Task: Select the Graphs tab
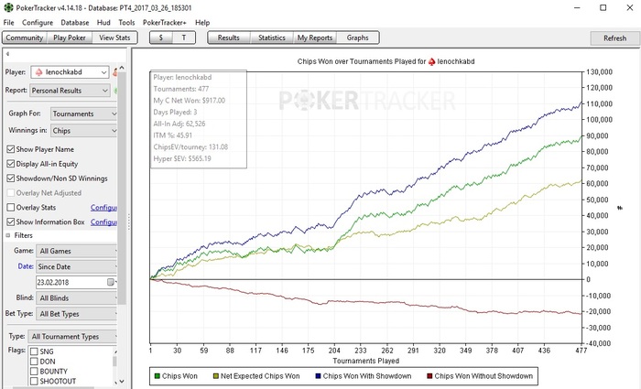[x=357, y=38]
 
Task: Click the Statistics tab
[x=271, y=38]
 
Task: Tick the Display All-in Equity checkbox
[x=11, y=164]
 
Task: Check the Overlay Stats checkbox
[x=11, y=207]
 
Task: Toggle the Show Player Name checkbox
[x=11, y=149]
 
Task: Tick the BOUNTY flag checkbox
[x=35, y=372]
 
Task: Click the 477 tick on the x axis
[x=579, y=349]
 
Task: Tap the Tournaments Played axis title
[x=365, y=360]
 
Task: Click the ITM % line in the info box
[x=179, y=135]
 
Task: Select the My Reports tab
[x=314, y=38]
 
